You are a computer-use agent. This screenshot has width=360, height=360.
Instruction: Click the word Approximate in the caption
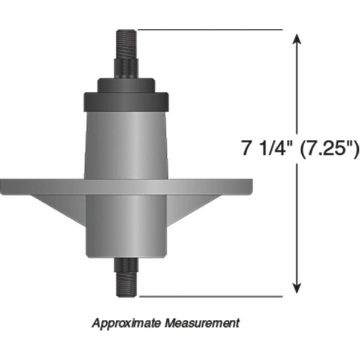point(126,323)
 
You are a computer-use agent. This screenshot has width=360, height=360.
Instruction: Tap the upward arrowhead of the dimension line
point(297,38)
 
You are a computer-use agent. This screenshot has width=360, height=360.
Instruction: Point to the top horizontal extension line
point(210,29)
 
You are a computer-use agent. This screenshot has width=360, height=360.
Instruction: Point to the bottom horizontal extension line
point(211,296)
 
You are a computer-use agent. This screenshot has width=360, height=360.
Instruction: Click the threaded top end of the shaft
point(126,44)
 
